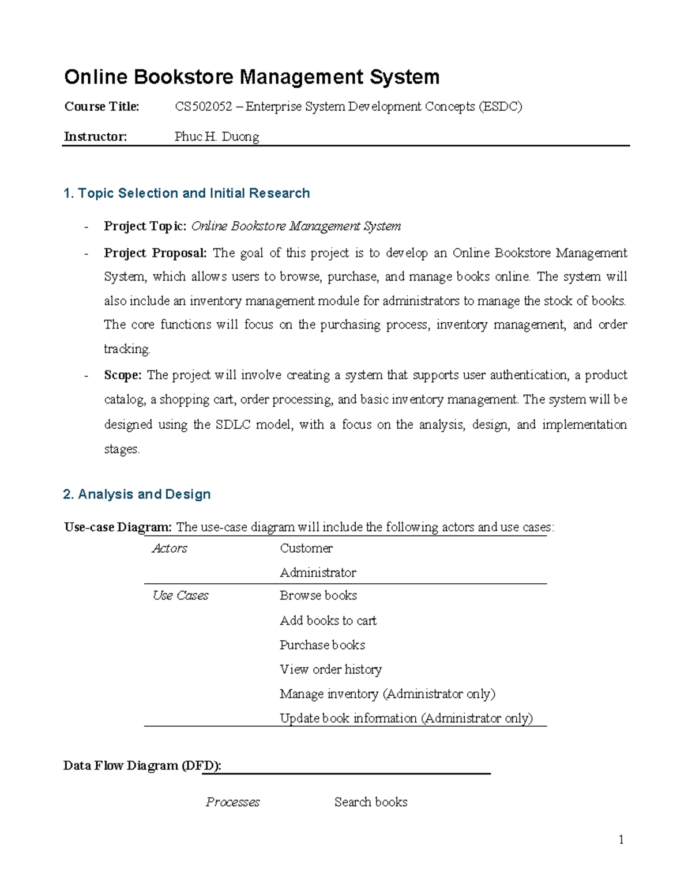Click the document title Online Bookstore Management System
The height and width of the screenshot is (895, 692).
tap(251, 77)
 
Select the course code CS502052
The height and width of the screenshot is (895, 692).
tap(203, 107)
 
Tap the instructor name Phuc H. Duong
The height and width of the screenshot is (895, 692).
tap(217, 137)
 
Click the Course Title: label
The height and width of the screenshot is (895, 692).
tap(101, 107)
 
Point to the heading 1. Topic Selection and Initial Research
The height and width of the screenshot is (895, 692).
tap(186, 193)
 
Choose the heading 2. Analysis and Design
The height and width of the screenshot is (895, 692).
tap(137, 494)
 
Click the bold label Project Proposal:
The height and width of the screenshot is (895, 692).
tap(155, 253)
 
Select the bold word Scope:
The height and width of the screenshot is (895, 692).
tap(122, 375)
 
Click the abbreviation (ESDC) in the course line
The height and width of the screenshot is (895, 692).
tap(500, 107)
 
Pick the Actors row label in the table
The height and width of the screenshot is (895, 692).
tap(170, 548)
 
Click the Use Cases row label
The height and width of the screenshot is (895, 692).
tap(180, 595)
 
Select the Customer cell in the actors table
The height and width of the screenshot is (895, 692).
tap(306, 548)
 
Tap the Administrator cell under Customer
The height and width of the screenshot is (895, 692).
tap(318, 572)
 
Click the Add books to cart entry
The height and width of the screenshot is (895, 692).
tap(328, 621)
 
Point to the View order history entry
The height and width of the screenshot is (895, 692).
tap(330, 669)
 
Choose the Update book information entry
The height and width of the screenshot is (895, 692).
tap(406, 718)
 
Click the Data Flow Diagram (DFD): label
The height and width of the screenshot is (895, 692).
tap(142, 765)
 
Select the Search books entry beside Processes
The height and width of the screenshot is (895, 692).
tap(371, 802)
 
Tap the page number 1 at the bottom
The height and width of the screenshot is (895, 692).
tap(621, 840)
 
